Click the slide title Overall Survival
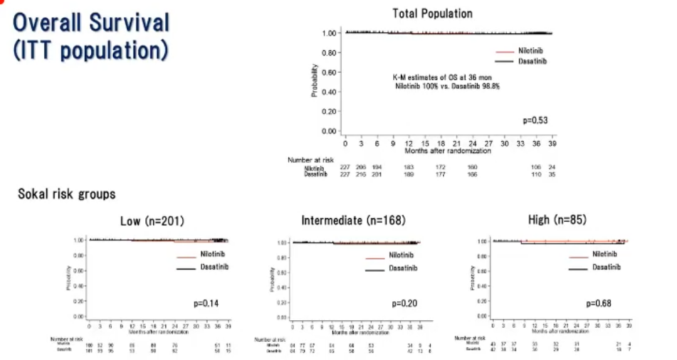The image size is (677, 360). [92, 23]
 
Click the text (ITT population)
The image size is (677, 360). [90, 50]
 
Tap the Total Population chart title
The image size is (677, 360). [433, 13]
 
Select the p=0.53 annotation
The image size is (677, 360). [535, 119]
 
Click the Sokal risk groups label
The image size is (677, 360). [66, 194]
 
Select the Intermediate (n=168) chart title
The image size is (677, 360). [354, 221]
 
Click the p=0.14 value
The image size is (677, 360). [206, 304]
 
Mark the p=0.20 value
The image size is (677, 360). [404, 304]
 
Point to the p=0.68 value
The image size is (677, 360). [599, 304]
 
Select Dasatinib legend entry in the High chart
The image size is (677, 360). [606, 267]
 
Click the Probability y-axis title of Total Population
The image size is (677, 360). [313, 82]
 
